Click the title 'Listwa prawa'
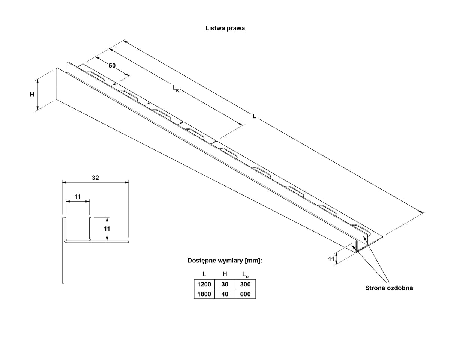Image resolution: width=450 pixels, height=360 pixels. (x=225, y=28)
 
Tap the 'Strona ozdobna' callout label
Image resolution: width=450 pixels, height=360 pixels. (x=389, y=288)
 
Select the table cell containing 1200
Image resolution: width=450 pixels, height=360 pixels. (x=204, y=284)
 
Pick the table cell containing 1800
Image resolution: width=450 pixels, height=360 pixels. (x=204, y=294)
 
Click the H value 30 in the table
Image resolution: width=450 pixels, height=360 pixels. (x=225, y=284)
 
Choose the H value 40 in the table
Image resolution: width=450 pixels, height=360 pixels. (x=225, y=294)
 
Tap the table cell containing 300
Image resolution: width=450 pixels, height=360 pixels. (x=245, y=284)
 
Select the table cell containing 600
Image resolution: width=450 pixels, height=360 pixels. (x=245, y=294)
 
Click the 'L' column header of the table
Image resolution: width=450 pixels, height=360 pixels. (x=204, y=274)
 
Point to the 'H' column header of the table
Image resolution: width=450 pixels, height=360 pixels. (x=225, y=274)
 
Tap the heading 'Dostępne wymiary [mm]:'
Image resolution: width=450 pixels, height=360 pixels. (x=224, y=261)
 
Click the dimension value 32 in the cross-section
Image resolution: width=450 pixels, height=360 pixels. (x=95, y=178)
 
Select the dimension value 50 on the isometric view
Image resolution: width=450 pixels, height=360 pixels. (x=112, y=66)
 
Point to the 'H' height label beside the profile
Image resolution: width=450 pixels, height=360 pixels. (x=32, y=95)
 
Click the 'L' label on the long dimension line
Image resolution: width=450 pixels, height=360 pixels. (x=254, y=116)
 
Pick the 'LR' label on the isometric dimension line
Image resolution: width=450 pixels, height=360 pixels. (x=175, y=88)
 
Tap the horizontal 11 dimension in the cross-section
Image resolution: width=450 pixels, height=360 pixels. (x=77, y=197)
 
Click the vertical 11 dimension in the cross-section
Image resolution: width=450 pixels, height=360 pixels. (x=106, y=229)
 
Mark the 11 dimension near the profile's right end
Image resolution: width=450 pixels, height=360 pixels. (x=331, y=259)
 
